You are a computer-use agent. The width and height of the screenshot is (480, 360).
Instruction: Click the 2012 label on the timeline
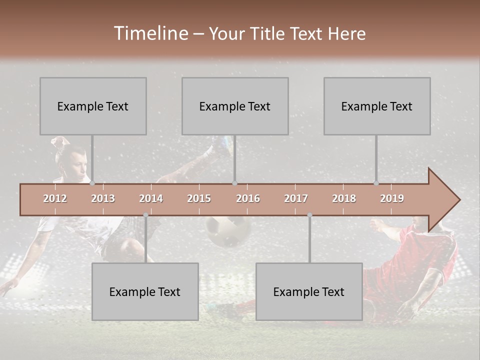55,198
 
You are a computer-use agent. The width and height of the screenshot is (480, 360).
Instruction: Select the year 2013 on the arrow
103,198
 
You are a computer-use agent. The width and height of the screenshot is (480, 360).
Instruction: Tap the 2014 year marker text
151,198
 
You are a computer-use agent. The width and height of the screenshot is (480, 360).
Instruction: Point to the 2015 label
199,198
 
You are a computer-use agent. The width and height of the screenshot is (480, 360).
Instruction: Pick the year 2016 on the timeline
248,198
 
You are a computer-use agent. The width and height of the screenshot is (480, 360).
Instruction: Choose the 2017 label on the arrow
296,198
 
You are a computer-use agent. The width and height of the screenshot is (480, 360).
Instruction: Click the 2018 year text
344,198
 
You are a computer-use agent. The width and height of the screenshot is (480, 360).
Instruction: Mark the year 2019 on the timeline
392,198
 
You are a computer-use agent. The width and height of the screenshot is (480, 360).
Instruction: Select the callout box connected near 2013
93,106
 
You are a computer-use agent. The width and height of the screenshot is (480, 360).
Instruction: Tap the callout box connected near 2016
235,106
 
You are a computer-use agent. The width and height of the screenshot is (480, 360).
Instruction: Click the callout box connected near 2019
377,106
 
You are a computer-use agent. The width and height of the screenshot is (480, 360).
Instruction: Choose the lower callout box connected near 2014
145,291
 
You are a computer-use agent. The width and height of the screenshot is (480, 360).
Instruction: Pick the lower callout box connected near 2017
309,291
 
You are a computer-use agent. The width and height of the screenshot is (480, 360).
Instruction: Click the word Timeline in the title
150,33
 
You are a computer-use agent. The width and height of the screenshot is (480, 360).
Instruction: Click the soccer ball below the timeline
228,231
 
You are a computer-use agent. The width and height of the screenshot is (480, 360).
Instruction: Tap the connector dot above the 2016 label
234,183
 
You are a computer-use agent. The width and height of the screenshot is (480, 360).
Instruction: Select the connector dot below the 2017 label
309,215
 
